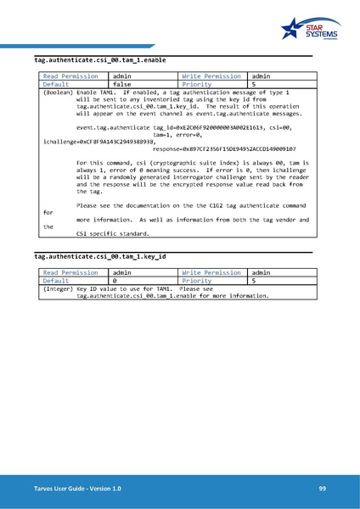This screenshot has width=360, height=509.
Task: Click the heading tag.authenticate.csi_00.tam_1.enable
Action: (x=99, y=61)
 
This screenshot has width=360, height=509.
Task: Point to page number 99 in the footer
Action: (x=323, y=489)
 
